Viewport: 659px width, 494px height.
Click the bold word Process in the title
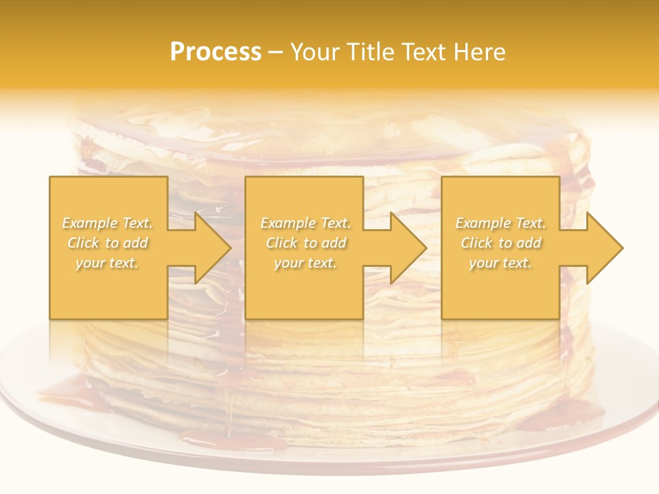216,52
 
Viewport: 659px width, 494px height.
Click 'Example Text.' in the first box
108,223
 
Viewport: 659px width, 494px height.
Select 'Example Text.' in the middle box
305,223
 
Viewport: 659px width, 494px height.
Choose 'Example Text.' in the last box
500,223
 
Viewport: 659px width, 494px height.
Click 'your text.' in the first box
107,263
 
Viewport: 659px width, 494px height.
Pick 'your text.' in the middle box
305,263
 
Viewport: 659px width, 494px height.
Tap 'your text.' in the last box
500,263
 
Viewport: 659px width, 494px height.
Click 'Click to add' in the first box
108,243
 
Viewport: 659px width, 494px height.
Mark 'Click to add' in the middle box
305,243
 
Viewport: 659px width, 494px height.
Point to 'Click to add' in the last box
500,243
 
